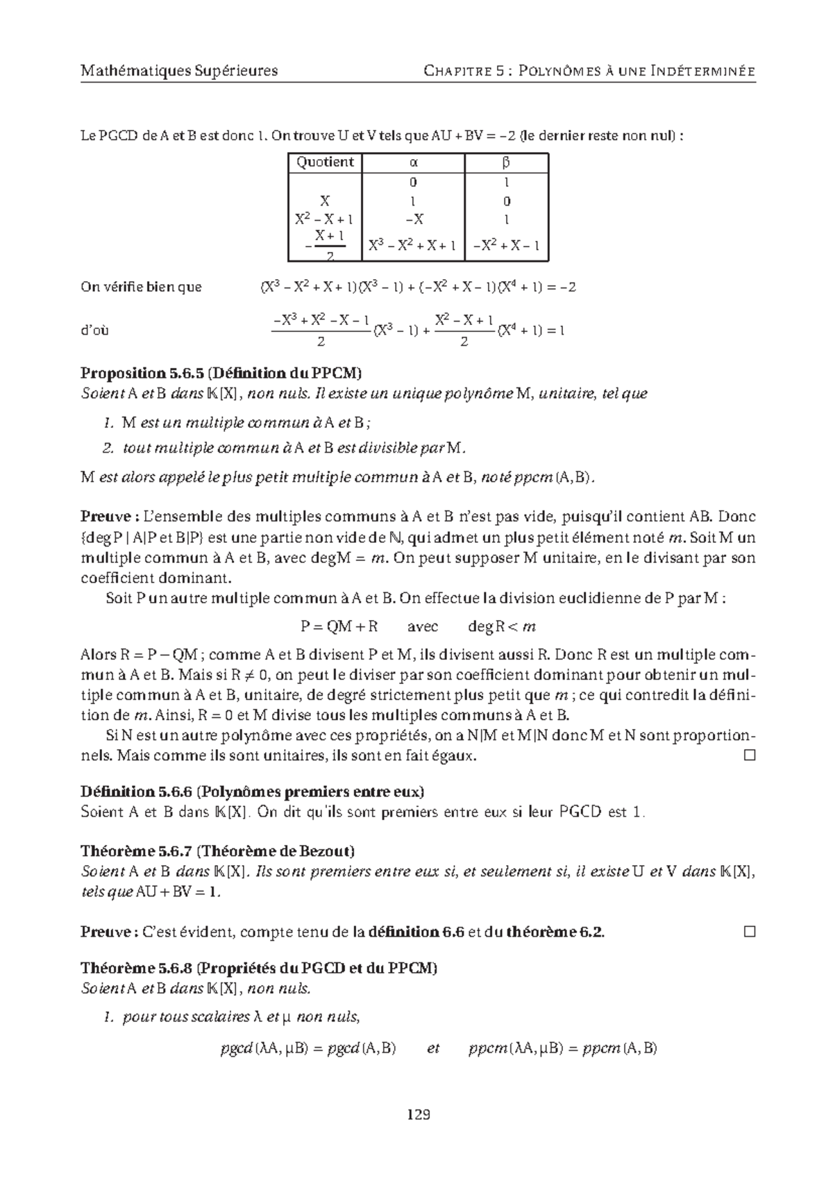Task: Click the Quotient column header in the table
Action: pyautogui.click(x=325, y=162)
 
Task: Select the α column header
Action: pyautogui.click(x=413, y=162)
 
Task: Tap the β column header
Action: pyautogui.click(x=506, y=162)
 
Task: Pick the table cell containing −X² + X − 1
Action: pyautogui.click(x=506, y=245)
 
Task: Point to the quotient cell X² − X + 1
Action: pyautogui.click(x=324, y=219)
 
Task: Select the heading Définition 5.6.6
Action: pyautogui.click(x=135, y=792)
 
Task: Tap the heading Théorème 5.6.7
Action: pyautogui.click(x=136, y=851)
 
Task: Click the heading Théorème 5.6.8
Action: pyautogui.click(x=136, y=968)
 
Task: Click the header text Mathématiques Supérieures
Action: pyautogui.click(x=179, y=71)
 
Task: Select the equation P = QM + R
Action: pyautogui.click(x=339, y=626)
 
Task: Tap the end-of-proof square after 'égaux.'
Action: pyautogui.click(x=748, y=755)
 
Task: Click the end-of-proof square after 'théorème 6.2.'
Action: pyautogui.click(x=748, y=932)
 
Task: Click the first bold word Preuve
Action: pyautogui.click(x=106, y=517)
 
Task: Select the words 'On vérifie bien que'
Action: pyautogui.click(x=141, y=287)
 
